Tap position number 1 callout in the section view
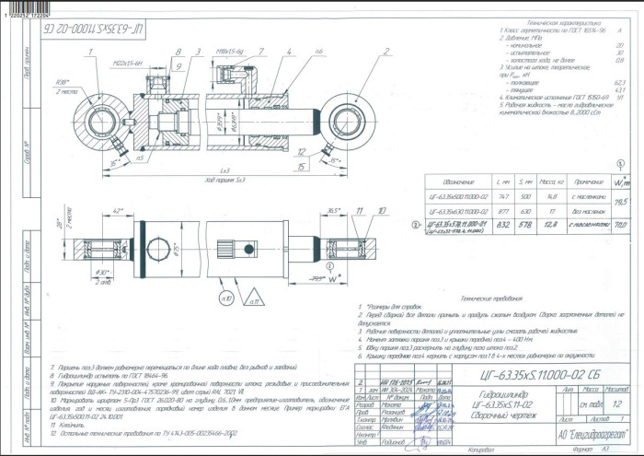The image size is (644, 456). (95, 53)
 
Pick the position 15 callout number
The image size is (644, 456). (302, 166)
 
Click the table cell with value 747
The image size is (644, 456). (501, 196)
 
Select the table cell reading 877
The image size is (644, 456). (501, 210)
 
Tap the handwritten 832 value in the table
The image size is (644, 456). (502, 224)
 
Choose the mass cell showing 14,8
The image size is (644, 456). (550, 196)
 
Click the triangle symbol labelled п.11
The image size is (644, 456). (250, 295)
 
